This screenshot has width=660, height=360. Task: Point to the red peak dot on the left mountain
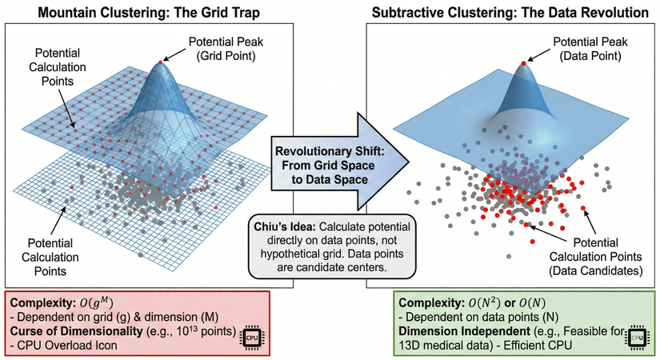(x=162, y=62)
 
